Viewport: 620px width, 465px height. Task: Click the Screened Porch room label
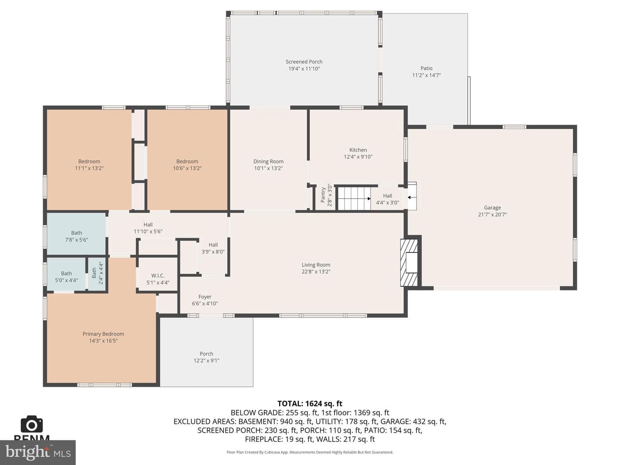point(304,62)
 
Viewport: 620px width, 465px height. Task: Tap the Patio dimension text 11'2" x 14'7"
point(427,75)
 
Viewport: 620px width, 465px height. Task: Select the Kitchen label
point(358,150)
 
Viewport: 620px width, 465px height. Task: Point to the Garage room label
point(492,208)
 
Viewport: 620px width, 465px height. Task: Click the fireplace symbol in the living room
point(409,263)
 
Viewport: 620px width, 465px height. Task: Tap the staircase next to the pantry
point(354,198)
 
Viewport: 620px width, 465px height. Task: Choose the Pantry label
point(323,195)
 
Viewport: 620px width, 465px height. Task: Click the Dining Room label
point(268,161)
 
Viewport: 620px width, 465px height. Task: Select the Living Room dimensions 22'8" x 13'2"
point(316,272)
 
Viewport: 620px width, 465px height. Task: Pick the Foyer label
point(205,297)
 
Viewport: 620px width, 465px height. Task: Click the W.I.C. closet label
point(158,275)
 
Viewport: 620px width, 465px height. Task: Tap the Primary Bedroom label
point(103,334)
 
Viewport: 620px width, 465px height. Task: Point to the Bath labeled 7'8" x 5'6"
point(77,232)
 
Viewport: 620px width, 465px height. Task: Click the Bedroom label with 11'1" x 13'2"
point(89,161)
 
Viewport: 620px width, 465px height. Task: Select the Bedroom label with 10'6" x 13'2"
point(187,161)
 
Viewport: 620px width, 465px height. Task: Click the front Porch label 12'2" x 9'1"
point(207,353)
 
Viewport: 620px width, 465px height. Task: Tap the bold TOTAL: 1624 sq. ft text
point(310,403)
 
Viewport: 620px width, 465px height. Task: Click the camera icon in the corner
point(31,424)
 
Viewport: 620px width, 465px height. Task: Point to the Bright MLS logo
point(38,453)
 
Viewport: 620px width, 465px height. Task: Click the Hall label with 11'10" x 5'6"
point(148,224)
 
